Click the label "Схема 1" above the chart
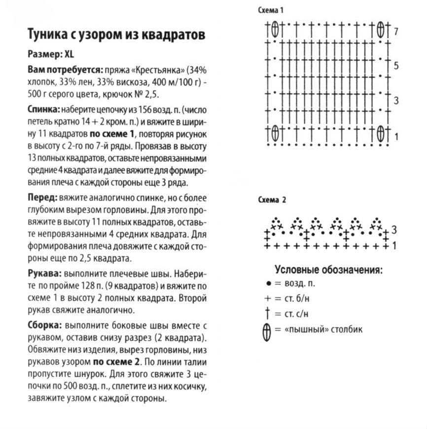click(271, 10)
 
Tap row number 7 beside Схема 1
click(396, 32)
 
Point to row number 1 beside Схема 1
click(396, 136)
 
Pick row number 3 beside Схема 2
click(394, 230)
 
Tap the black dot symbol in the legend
click(268, 284)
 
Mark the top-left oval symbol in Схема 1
click(275, 30)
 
